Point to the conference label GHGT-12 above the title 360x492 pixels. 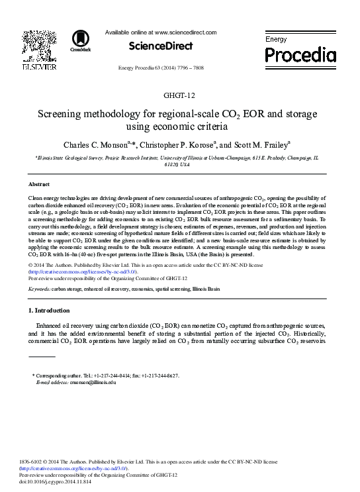coord(179,99)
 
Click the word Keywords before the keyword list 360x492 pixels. coord(39,290)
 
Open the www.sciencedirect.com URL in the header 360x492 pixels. coord(185,32)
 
